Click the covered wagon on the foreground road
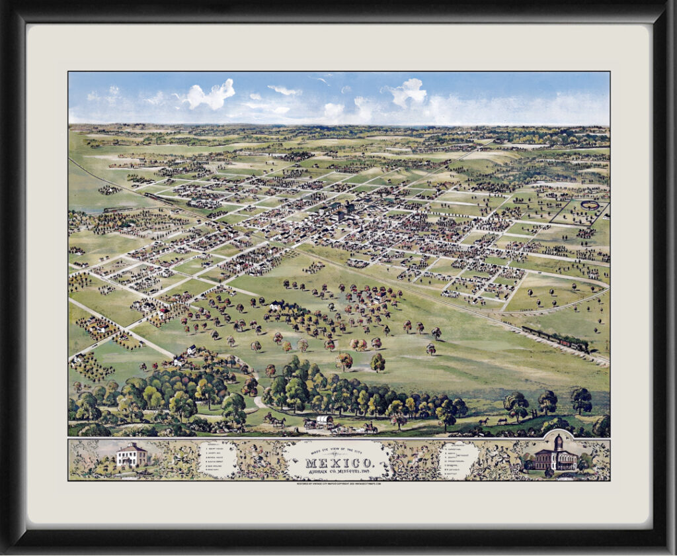(x=324, y=422)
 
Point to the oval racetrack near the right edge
(x=590, y=206)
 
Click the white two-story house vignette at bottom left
(x=132, y=456)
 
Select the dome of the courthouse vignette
(x=558, y=442)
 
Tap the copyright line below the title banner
(x=338, y=483)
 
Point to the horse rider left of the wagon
(x=274, y=419)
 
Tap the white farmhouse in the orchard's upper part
(x=277, y=305)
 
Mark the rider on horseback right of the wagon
(x=370, y=427)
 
